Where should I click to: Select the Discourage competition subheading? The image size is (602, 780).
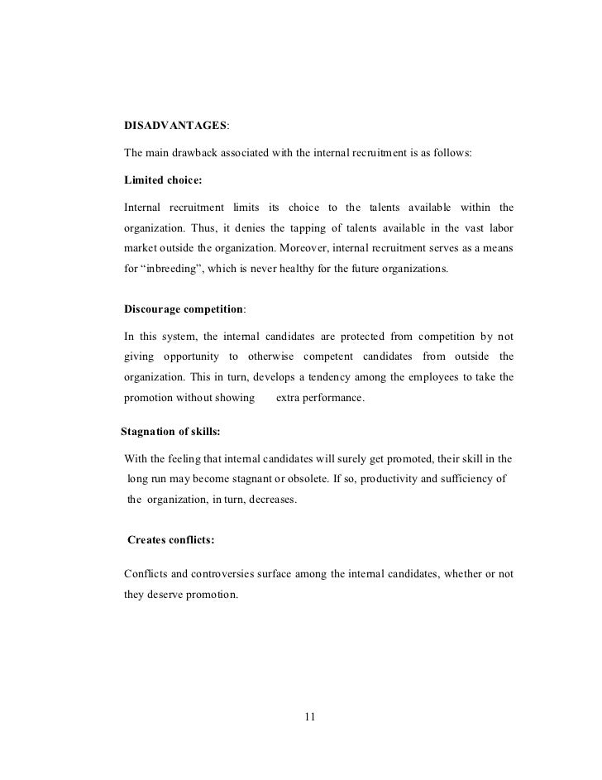[x=184, y=309]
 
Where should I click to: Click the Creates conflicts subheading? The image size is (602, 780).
[x=171, y=540]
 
